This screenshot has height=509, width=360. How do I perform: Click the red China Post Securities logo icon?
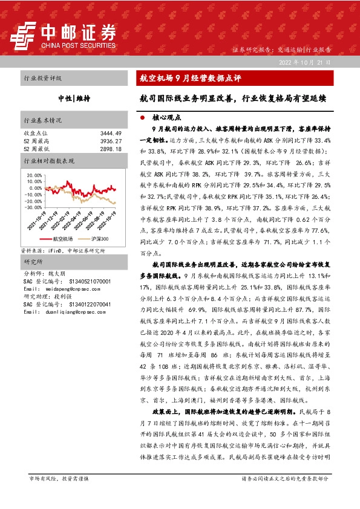click(x=23, y=36)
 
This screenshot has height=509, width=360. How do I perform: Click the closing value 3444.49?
click(x=111, y=132)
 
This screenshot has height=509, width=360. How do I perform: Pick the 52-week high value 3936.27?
click(x=111, y=140)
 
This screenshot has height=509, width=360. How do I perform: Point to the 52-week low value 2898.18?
click(x=111, y=148)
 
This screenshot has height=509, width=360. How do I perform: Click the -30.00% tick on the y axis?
click(x=34, y=207)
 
